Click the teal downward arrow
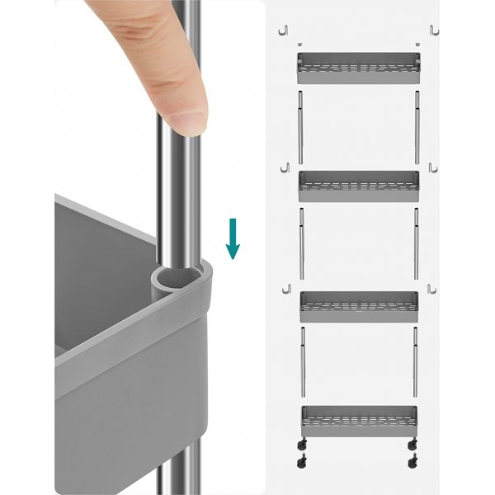pos(233,238)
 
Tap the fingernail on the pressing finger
pos(188,123)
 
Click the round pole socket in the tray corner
pos(174,280)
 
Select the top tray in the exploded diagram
pos(358,67)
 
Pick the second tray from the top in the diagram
pos(359,186)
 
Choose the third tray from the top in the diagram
pos(359,305)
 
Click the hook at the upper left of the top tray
pos(285,31)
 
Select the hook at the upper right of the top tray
pos(434,30)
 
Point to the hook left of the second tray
pos(285,168)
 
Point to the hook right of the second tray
pos(433,168)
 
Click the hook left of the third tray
pos(285,288)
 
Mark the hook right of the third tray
pos(432,288)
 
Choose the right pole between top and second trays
pos(417,127)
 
